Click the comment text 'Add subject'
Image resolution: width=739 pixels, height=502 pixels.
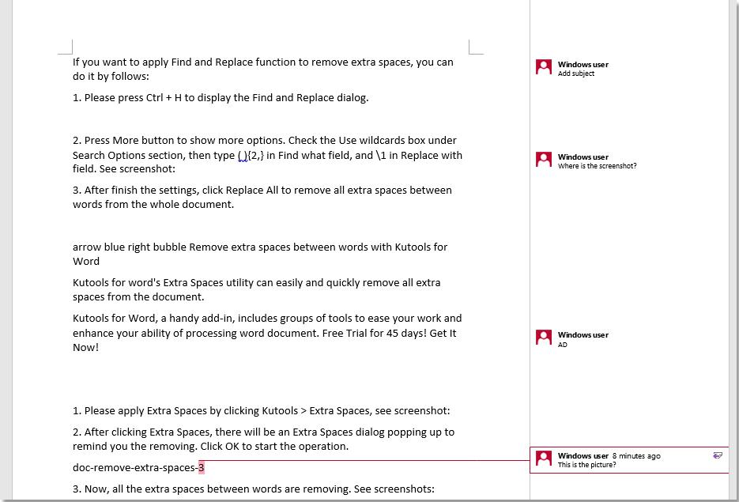click(576, 74)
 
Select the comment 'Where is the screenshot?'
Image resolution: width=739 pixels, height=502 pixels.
click(597, 166)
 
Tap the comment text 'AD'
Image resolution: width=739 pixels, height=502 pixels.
click(562, 345)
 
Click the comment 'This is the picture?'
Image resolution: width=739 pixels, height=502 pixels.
click(586, 465)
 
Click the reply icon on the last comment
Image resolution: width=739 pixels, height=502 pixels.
click(717, 455)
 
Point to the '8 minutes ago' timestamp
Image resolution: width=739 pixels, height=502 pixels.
click(636, 456)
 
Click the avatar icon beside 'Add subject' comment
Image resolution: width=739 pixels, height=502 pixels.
click(544, 68)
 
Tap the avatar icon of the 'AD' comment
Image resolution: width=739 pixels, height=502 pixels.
click(544, 338)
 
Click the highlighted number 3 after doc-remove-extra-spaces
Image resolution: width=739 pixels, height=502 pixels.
click(202, 467)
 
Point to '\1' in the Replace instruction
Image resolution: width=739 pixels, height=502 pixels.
click(382, 156)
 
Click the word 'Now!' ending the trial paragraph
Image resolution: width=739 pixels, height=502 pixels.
click(86, 348)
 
